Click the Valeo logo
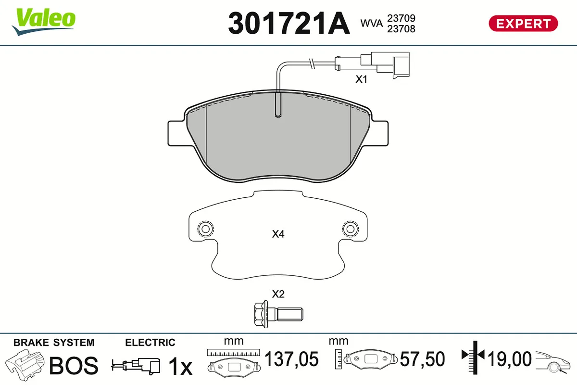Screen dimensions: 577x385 coord(44,22)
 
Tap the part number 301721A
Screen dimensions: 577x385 coord(289,23)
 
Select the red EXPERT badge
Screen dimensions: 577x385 coord(523,24)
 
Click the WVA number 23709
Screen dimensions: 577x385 coord(401,18)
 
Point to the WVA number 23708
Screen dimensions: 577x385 coord(401,29)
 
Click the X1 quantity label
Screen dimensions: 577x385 coord(361,79)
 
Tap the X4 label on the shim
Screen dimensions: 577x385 coord(278,234)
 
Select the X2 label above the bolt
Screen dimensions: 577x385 coord(278,294)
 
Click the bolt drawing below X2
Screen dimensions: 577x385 coord(278,314)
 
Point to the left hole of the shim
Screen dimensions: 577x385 coord(206,229)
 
